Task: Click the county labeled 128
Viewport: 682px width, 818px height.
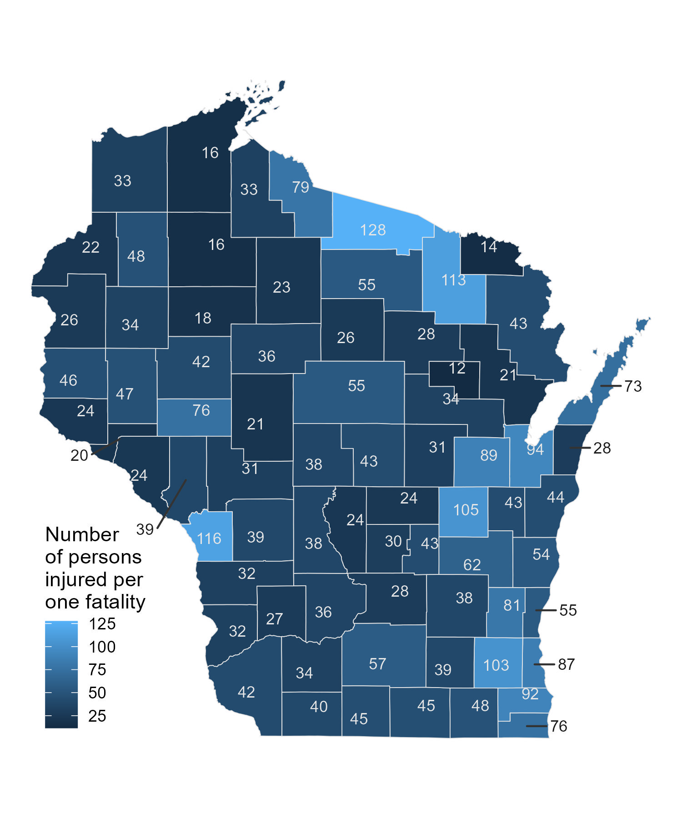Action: pyautogui.click(x=373, y=230)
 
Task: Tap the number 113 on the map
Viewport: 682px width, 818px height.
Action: pyautogui.click(x=453, y=280)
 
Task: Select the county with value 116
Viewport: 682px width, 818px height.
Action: pyautogui.click(x=209, y=539)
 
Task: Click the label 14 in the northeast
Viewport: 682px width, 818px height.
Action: pyautogui.click(x=489, y=247)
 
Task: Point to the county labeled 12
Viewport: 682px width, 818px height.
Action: pyautogui.click(x=457, y=368)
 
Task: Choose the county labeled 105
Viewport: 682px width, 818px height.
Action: pyautogui.click(x=466, y=510)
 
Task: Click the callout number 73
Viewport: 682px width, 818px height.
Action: pyautogui.click(x=632, y=386)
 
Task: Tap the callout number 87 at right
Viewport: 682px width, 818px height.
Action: pyautogui.click(x=566, y=664)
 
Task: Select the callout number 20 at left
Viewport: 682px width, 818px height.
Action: pyautogui.click(x=79, y=455)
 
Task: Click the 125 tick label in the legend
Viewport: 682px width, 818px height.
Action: pyautogui.click(x=102, y=624)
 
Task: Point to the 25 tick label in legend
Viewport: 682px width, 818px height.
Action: pyautogui.click(x=97, y=716)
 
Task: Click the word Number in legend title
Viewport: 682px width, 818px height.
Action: pyautogui.click(x=82, y=534)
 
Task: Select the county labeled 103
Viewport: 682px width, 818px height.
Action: pyautogui.click(x=496, y=665)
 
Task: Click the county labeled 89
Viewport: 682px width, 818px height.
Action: pyautogui.click(x=488, y=455)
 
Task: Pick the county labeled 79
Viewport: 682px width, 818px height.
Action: pyautogui.click(x=301, y=187)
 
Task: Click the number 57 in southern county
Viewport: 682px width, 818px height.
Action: pyautogui.click(x=377, y=664)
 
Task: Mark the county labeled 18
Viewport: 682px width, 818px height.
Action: pyautogui.click(x=203, y=318)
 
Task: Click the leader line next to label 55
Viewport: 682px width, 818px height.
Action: pyautogui.click(x=546, y=610)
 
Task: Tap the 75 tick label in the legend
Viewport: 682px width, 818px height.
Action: pyautogui.click(x=97, y=670)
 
